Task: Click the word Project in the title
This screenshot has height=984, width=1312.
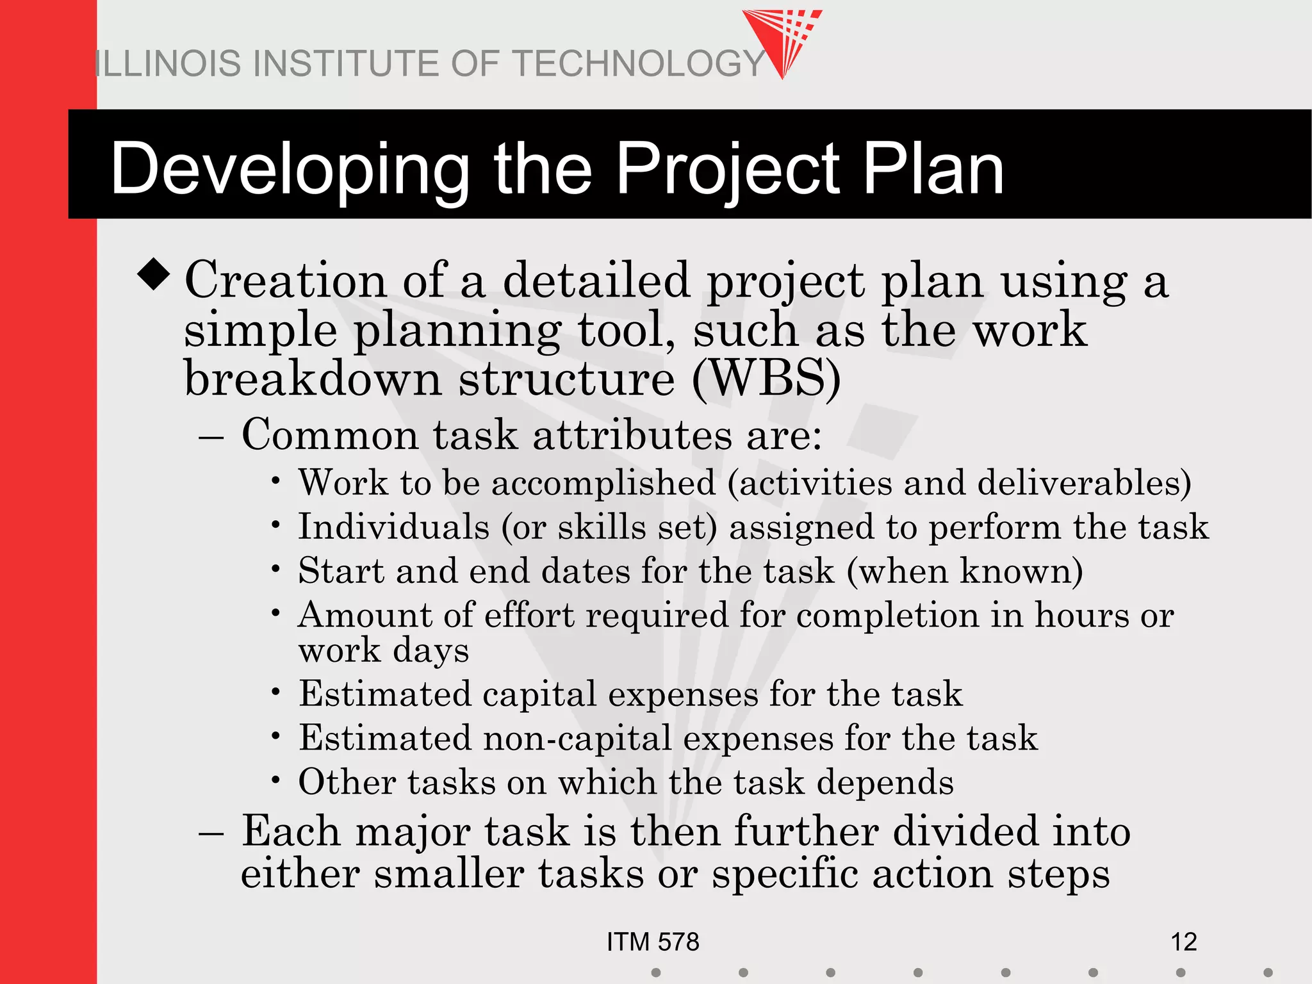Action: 728,170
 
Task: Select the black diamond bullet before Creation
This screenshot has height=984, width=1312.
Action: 154,274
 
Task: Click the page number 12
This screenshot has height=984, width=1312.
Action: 1183,942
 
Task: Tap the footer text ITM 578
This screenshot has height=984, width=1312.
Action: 653,942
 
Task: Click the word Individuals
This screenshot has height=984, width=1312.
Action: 394,527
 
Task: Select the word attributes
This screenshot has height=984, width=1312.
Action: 632,436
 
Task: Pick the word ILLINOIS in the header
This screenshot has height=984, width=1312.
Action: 168,64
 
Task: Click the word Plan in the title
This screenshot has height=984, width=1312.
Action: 933,170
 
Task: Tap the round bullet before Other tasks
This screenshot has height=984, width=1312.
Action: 275,780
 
